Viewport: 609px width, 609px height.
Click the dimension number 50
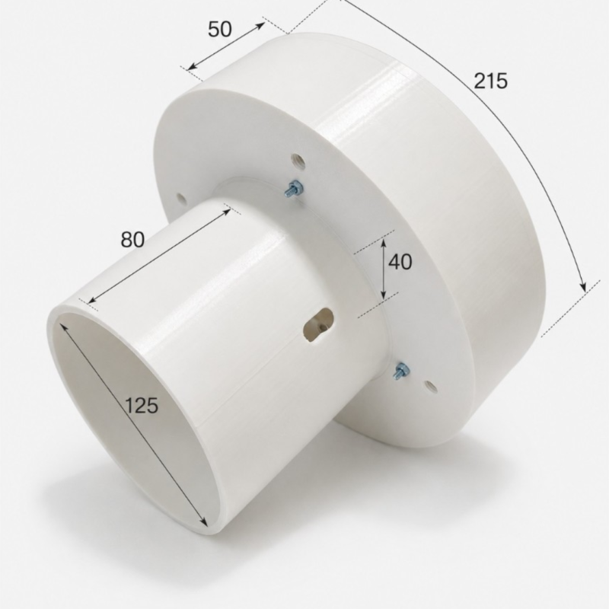[x=220, y=29]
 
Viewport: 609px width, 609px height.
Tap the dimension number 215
[x=490, y=81]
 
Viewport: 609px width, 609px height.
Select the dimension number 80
[x=132, y=239]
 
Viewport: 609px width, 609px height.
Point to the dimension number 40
[x=400, y=262]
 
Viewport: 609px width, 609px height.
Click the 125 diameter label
[x=142, y=406]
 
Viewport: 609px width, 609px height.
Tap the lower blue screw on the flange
[x=402, y=370]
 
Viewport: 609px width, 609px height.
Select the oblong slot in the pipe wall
[x=318, y=324]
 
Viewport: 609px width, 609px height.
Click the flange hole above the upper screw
[x=298, y=160]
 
